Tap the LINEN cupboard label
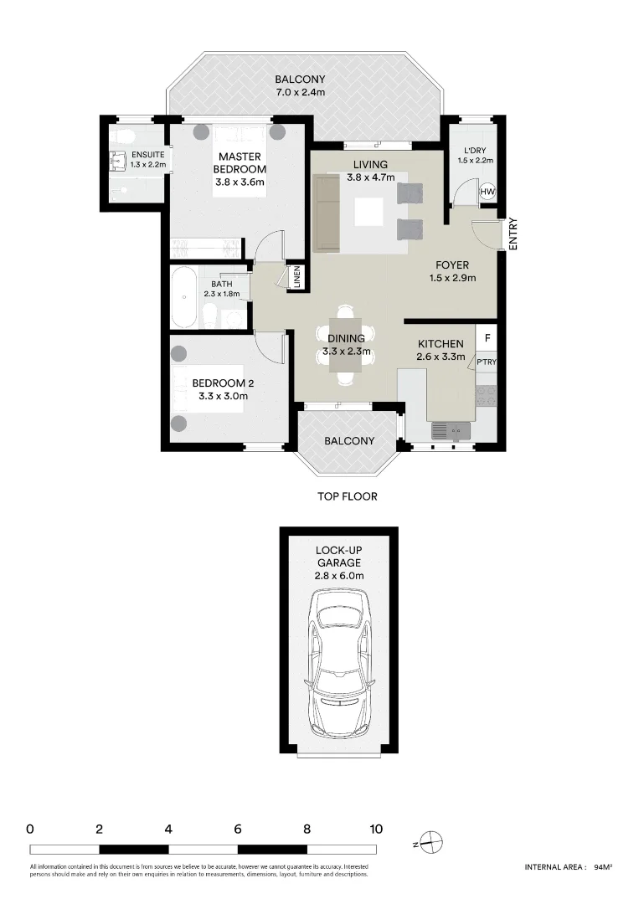pyautogui.click(x=296, y=278)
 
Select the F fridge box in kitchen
pyautogui.click(x=487, y=339)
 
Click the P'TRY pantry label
pyautogui.click(x=487, y=362)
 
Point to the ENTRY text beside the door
pyautogui.click(x=513, y=234)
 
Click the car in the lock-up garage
pyautogui.click(x=339, y=661)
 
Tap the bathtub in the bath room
pyautogui.click(x=183, y=298)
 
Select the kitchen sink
pyautogui.click(x=451, y=431)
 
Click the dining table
pyautogui.click(x=346, y=345)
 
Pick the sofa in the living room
pyautogui.click(x=325, y=213)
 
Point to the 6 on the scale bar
pyautogui.click(x=238, y=830)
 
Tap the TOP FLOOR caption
pyautogui.click(x=347, y=496)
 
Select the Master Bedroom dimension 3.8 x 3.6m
pyautogui.click(x=240, y=182)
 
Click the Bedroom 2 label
pyautogui.click(x=222, y=383)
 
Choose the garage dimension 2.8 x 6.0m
pyautogui.click(x=338, y=576)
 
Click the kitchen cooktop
pyautogui.click(x=487, y=394)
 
